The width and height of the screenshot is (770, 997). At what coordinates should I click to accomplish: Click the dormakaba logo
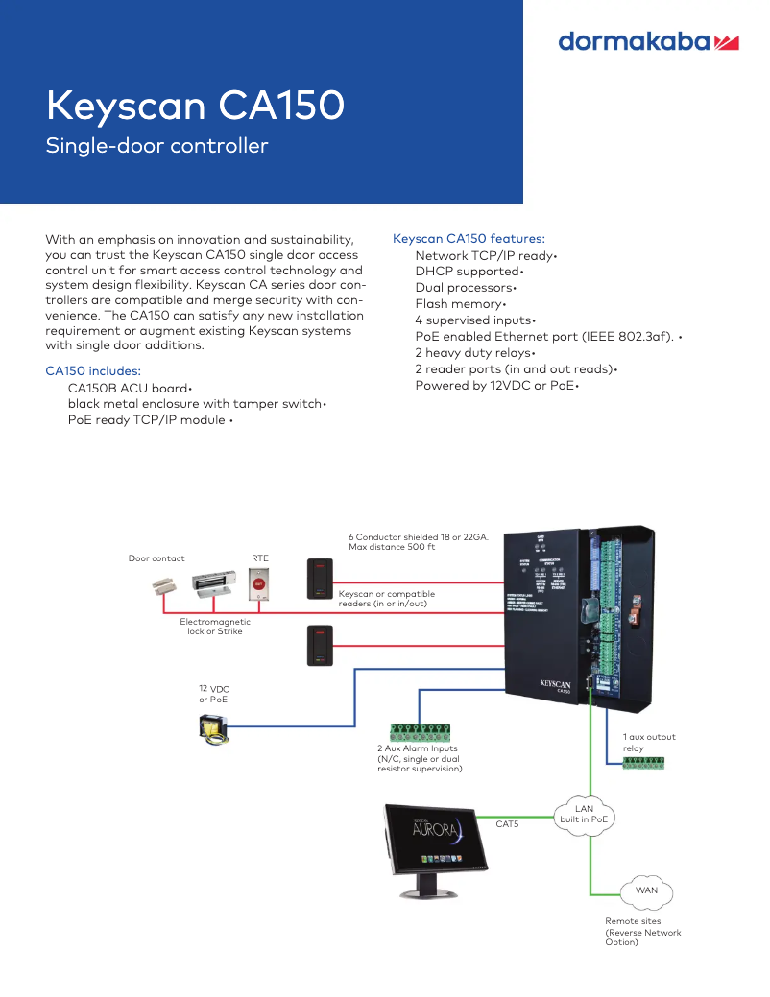648,41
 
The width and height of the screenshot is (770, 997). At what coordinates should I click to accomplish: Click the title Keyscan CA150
195,106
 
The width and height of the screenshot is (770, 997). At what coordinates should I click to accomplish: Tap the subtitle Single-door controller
156,146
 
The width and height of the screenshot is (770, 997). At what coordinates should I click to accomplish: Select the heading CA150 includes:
93,370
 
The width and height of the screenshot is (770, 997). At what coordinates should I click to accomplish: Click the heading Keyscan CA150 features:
469,238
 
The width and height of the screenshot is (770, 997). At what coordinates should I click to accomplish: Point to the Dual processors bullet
465,288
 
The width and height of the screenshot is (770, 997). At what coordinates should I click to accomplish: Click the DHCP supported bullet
468,272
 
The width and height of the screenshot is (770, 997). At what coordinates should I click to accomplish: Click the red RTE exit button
258,583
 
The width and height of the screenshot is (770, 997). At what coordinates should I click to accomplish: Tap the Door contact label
156,558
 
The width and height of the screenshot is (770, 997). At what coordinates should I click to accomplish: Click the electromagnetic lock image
214,584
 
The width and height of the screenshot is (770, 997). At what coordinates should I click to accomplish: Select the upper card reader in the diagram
320,579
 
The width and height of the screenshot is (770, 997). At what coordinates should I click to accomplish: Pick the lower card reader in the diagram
320,644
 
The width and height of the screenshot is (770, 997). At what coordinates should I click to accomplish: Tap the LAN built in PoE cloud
584,815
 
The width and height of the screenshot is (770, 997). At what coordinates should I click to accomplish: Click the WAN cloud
646,890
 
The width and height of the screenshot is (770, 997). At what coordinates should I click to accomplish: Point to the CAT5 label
507,824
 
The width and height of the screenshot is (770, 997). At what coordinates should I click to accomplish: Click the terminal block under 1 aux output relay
642,763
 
